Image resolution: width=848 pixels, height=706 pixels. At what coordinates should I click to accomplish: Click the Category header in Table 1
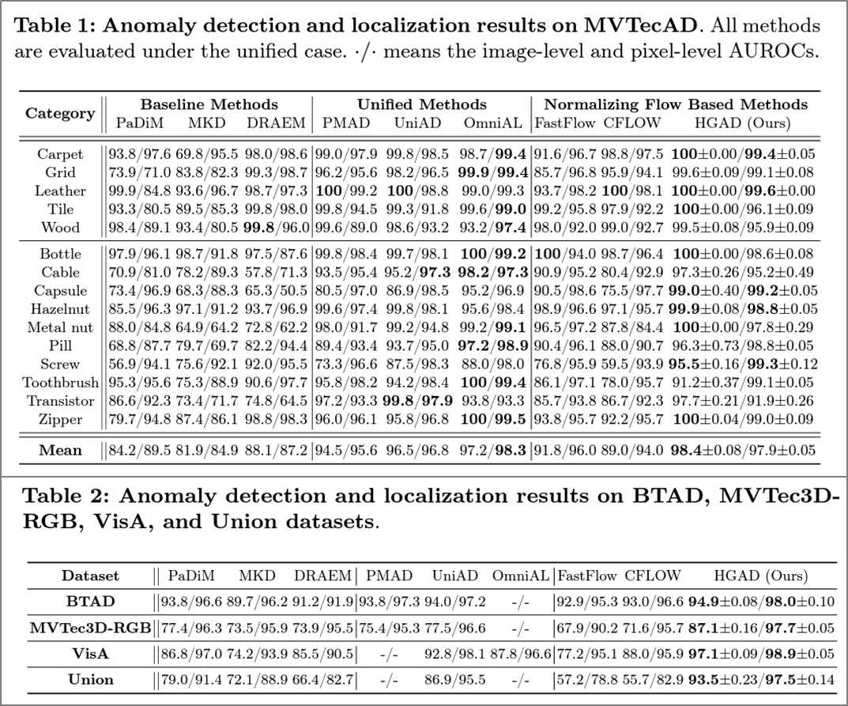click(60, 113)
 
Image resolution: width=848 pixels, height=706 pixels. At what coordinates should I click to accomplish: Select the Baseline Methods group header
click(209, 104)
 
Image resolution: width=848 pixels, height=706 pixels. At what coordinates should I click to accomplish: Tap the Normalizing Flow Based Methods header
click(675, 104)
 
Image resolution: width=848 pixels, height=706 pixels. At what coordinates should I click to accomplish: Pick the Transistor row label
click(60, 400)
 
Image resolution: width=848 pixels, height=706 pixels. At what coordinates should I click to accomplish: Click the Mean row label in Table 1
click(60, 451)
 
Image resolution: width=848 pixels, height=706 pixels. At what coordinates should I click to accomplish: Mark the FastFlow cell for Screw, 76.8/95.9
click(566, 364)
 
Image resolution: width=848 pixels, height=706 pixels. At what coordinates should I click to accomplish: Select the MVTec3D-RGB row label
click(89, 629)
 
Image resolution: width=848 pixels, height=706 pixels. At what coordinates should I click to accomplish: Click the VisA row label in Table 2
click(89, 654)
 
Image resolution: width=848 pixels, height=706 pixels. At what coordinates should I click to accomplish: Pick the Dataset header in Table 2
click(90, 576)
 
